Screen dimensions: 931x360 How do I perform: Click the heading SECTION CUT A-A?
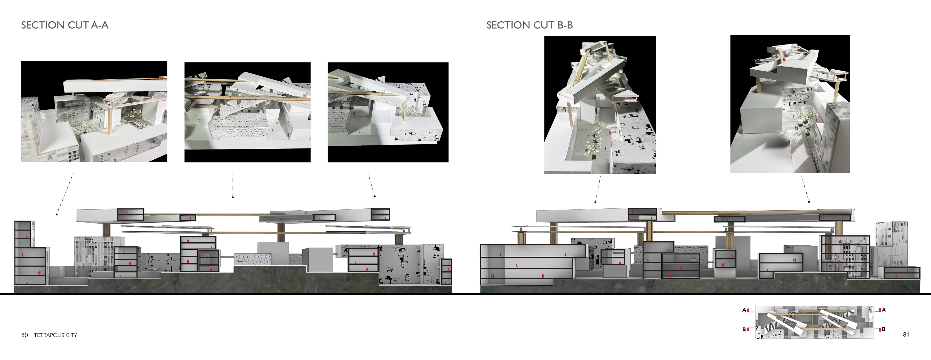pyautogui.click(x=65, y=25)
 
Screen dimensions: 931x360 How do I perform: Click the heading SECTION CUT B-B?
pyautogui.click(x=530, y=25)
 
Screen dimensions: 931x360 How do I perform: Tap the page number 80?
pyautogui.click(x=24, y=335)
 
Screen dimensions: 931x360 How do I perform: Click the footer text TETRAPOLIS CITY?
pyautogui.click(x=55, y=335)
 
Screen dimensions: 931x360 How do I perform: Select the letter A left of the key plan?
pyautogui.click(x=744, y=310)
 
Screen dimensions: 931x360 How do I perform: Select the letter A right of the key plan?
pyautogui.click(x=884, y=310)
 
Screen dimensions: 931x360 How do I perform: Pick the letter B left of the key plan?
pyautogui.click(x=744, y=329)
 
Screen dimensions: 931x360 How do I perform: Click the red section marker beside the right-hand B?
pyautogui.click(x=878, y=329)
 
